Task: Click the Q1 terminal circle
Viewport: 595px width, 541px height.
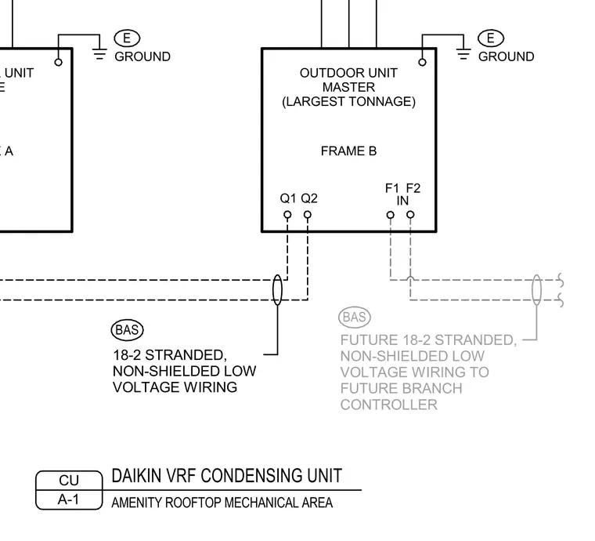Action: click(287, 215)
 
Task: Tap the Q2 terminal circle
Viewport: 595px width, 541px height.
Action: click(308, 215)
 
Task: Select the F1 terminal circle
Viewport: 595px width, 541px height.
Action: click(391, 215)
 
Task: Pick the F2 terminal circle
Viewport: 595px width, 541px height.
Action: click(410, 215)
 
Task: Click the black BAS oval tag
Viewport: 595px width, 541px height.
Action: click(127, 330)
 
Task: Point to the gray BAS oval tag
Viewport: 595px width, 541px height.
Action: click(355, 317)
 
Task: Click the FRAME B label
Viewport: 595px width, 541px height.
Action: click(348, 151)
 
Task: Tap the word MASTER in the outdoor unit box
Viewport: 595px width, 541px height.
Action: click(348, 87)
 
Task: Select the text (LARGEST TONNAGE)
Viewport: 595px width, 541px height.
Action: click(348, 102)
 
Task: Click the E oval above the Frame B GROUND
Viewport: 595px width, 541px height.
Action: click(491, 38)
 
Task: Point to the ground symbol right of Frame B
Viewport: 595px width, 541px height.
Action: click(463, 54)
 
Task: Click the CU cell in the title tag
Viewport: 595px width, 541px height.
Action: click(69, 481)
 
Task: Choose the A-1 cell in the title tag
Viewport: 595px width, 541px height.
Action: click(69, 499)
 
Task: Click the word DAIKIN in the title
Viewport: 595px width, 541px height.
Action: click(136, 476)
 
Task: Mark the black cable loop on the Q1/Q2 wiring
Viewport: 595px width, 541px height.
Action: click(277, 290)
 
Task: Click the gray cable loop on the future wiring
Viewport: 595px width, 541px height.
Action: click(536, 290)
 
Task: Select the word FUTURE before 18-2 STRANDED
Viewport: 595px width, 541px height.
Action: click(364, 340)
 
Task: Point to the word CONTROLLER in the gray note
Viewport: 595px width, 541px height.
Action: click(389, 405)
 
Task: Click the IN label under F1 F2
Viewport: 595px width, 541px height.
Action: click(402, 201)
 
